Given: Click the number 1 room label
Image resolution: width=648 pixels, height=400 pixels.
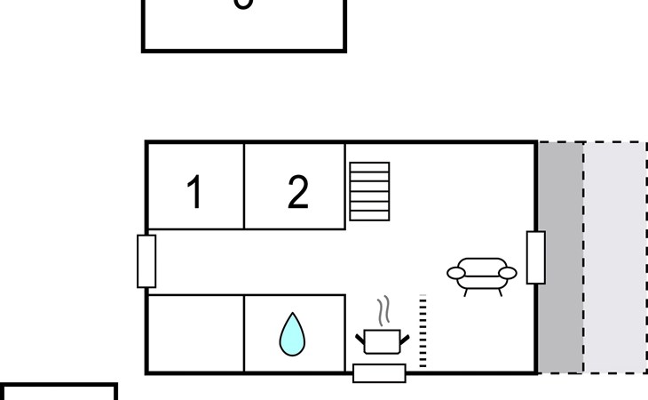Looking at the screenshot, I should pos(194,192).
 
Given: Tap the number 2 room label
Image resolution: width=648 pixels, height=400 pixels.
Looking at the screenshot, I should pos(298,192).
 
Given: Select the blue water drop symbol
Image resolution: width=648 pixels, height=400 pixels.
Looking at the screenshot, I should pos(292,334).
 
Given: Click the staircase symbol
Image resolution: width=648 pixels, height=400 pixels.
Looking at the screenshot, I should pos(369,191).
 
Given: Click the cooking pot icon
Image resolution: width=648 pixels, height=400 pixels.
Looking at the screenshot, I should pos(383,341).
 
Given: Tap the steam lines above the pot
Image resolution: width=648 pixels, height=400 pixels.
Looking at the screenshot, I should pos(383,311).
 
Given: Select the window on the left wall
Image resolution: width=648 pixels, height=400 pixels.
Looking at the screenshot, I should pos(146,260).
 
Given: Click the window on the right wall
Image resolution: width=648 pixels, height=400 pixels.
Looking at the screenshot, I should pos(536,257).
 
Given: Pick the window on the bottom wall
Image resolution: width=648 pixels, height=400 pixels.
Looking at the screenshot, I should pos(379,373).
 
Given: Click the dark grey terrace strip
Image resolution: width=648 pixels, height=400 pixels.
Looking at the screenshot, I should pos(560,257).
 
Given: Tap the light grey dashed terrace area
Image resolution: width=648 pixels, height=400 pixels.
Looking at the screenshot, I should pos(615,257).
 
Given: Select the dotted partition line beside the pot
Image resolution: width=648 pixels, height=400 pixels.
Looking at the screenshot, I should pos(423,331).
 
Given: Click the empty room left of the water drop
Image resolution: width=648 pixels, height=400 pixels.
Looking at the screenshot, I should pos(195,333).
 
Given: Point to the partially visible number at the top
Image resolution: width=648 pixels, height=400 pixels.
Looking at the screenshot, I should pos(242,4).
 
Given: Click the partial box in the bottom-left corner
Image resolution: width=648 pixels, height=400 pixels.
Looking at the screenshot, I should pos(58,393).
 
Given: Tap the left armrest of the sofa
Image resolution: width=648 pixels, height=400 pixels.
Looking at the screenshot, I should pos(456,273).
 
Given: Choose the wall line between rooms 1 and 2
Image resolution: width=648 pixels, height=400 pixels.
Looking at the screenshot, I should pos(244,185).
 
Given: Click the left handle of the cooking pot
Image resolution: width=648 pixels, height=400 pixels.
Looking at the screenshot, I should pos(360,338).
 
